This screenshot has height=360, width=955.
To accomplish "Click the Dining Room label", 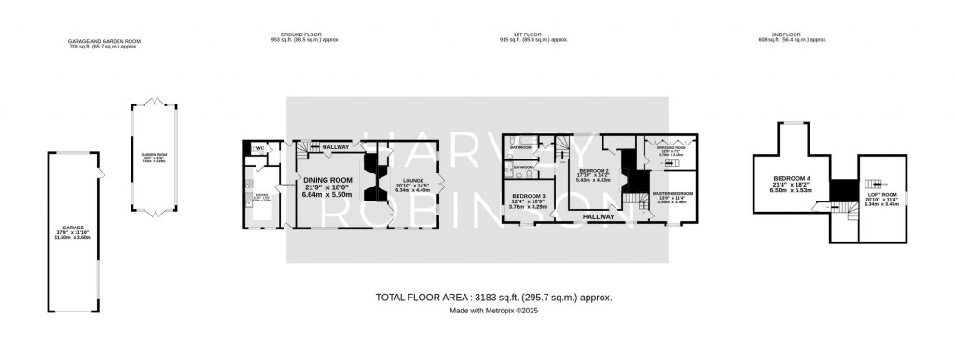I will point(327,180).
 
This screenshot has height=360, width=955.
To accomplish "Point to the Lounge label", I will point(414,182).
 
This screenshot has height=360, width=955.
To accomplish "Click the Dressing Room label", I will point(671,147).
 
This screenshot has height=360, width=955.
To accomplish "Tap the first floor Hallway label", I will point(598,216).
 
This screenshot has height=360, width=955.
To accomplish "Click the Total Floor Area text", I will point(493,297).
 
